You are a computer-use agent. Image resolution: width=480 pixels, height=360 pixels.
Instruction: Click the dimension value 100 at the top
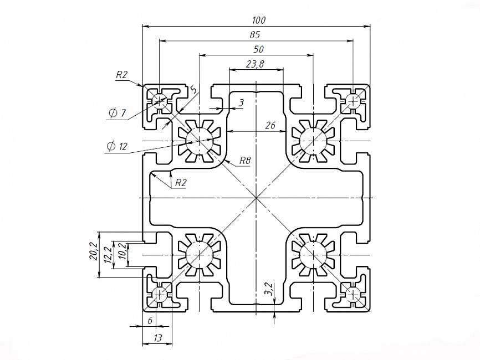click(258, 20)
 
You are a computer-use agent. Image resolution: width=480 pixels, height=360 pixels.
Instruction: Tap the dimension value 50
click(258, 49)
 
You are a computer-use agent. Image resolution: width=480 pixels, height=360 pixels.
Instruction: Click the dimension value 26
click(270, 126)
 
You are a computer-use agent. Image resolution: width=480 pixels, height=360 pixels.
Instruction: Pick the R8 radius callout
click(245, 161)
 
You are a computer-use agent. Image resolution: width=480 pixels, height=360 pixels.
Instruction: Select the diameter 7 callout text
click(118, 113)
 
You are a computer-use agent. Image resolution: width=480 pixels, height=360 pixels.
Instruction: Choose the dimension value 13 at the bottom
click(157, 337)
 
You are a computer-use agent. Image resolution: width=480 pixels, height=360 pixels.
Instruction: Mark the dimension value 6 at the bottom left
click(149, 321)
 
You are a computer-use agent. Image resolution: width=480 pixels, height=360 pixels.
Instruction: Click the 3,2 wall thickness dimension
click(268, 289)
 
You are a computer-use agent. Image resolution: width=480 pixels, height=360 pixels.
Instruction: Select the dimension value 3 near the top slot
click(241, 103)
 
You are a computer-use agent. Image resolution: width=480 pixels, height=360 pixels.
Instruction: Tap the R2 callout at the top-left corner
click(122, 75)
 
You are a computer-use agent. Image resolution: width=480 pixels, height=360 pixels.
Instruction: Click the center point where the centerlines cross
click(256, 198)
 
